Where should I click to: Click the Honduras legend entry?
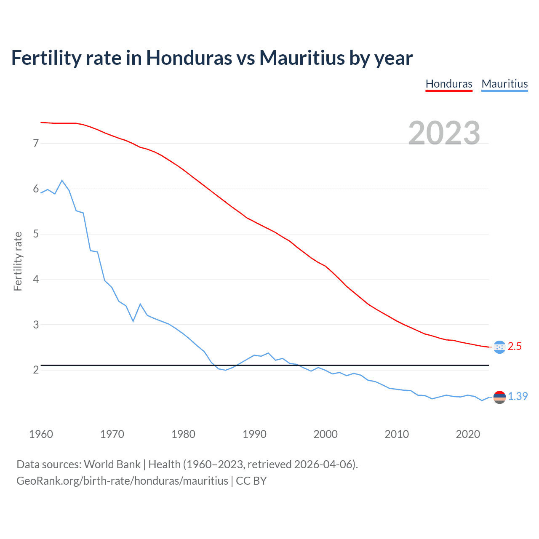449,84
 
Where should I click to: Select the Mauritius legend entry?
504,84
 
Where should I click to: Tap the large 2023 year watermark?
444,133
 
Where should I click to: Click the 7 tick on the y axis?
36,144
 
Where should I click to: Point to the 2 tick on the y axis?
36,370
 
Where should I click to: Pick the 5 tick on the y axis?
36,234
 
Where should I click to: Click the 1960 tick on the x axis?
41,434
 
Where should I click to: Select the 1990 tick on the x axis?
254,434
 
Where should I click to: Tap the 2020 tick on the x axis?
468,434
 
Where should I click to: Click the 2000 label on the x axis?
326,434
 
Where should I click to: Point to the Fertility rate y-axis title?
18,261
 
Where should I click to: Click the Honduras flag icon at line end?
499,347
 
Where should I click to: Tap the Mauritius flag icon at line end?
499,397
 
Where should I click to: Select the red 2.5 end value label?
515,347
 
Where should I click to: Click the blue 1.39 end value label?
518,397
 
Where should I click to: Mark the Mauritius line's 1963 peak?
62,180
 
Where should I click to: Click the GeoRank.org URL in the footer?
122,481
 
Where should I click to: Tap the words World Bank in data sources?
112,464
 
